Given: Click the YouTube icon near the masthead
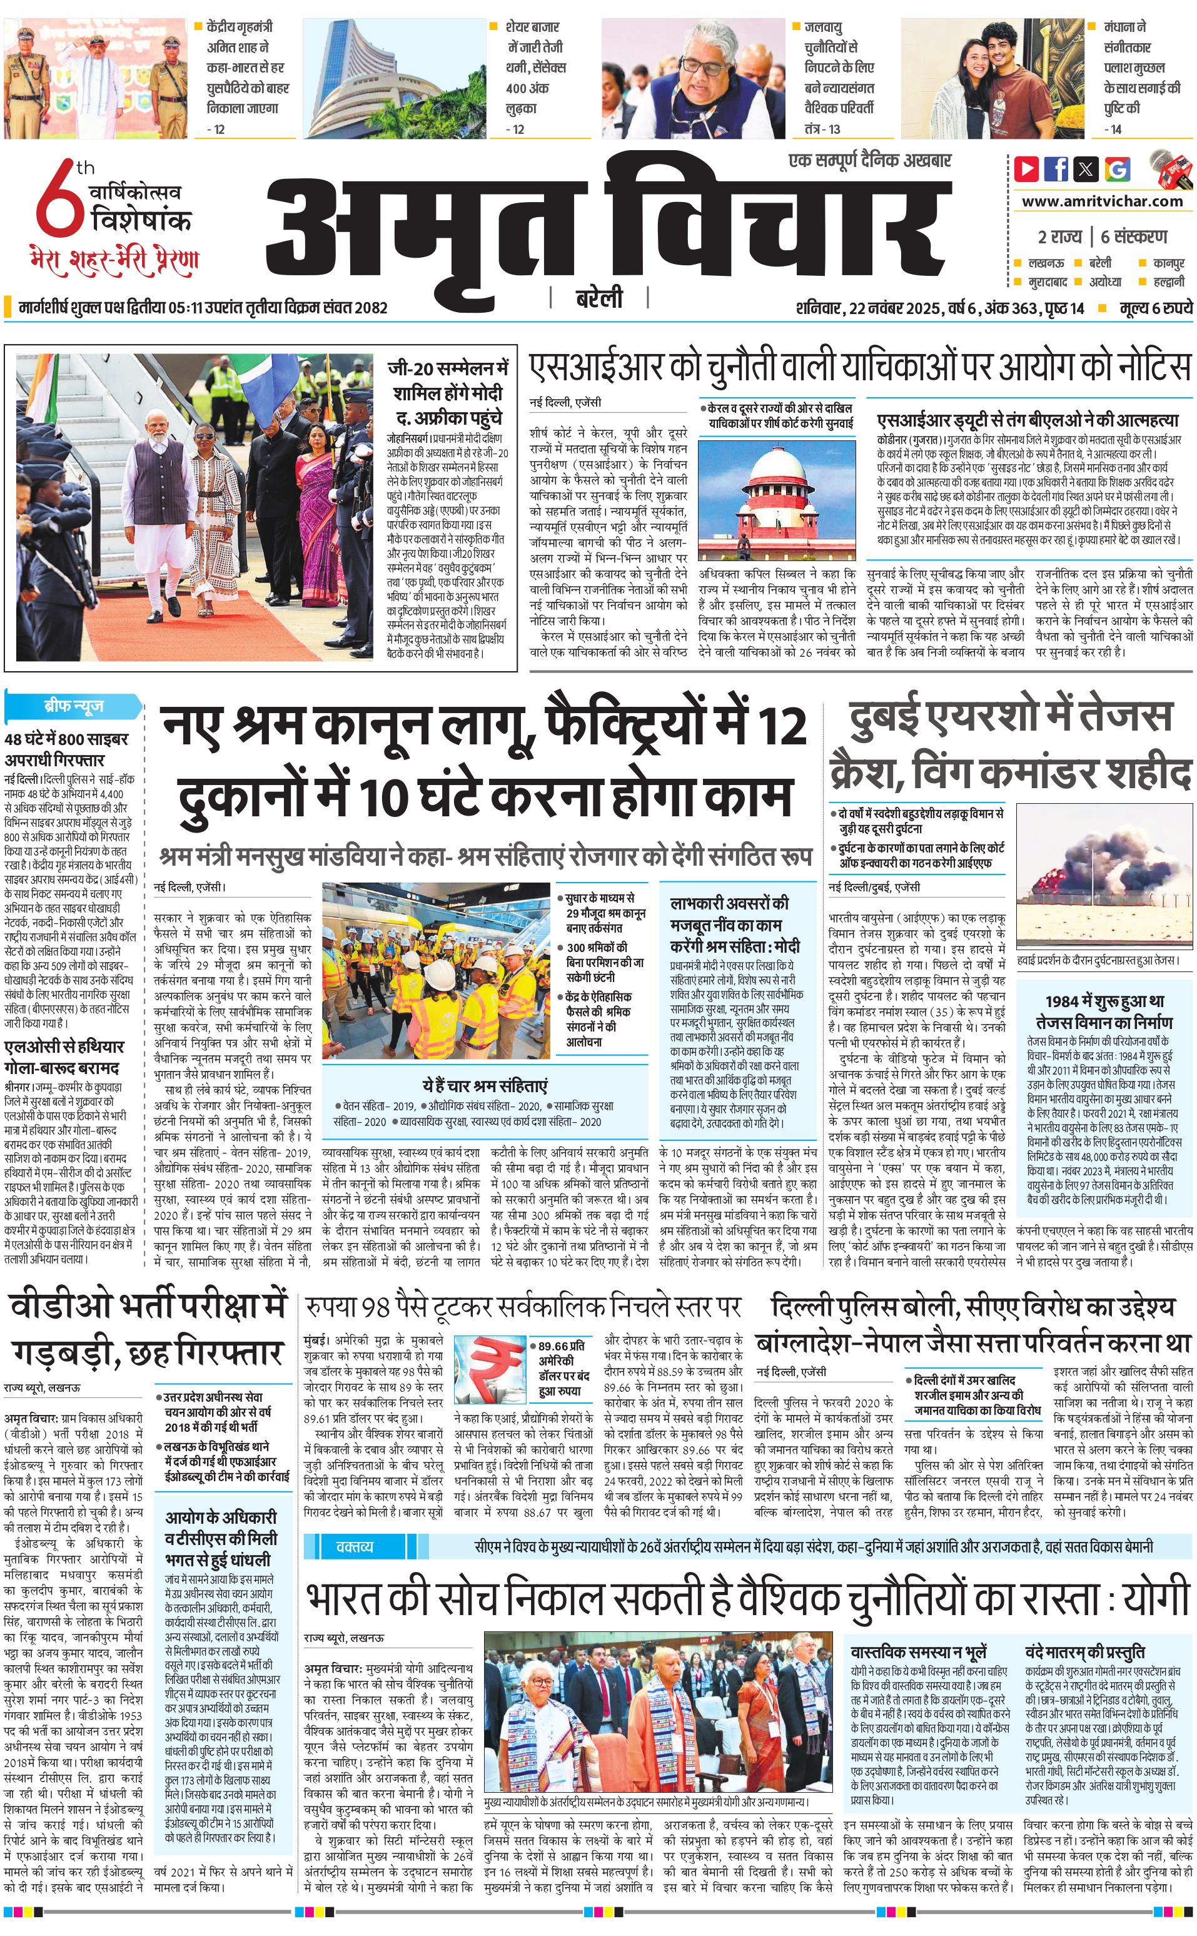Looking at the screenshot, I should (1027, 169).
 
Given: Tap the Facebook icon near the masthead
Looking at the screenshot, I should (1056, 169).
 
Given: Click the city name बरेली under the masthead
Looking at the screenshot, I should (598, 298).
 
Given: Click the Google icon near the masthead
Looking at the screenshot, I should (1117, 169).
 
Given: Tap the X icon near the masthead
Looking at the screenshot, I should (1087, 169).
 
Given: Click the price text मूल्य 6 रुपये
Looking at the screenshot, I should (1155, 308).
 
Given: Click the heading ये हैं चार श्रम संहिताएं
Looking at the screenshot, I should (485, 1085).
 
